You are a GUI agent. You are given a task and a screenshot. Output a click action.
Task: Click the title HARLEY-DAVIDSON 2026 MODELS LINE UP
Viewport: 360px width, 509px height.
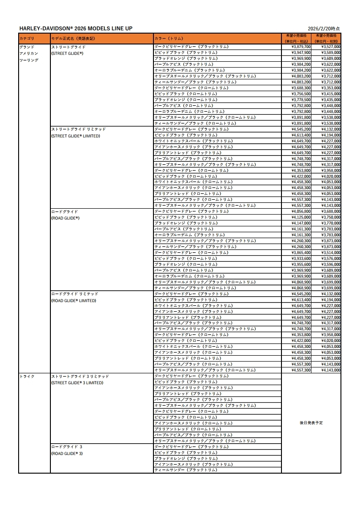click(76, 29)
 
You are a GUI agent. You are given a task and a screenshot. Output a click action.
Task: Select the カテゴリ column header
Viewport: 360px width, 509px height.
click(27, 39)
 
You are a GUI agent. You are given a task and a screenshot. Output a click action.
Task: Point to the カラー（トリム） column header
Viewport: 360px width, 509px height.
click(169, 39)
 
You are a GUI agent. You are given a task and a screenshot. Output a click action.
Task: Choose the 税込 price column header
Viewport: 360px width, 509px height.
click(296, 38)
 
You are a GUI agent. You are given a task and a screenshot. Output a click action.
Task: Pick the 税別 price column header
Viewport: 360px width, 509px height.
click(326, 38)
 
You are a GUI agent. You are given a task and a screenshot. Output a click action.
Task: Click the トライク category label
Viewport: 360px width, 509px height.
click(27, 376)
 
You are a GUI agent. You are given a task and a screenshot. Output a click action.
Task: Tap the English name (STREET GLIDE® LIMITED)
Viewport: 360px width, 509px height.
click(75, 136)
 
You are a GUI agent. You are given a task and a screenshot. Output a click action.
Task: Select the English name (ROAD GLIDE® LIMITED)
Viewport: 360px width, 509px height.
click(74, 300)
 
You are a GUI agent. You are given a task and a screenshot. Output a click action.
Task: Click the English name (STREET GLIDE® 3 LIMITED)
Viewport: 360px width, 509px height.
click(77, 382)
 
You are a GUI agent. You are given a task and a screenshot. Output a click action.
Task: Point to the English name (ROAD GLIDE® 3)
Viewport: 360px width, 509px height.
click(67, 453)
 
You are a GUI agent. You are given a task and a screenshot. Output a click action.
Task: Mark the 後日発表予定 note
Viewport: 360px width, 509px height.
click(311, 423)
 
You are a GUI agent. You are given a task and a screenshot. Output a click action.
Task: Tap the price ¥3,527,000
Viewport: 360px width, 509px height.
click(330, 47)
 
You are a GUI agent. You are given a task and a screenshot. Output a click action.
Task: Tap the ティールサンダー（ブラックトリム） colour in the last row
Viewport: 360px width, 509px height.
click(186, 470)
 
